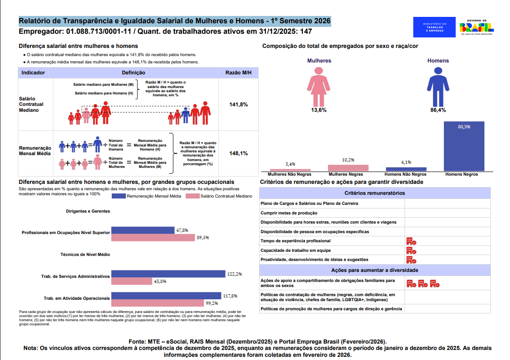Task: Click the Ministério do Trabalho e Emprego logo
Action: pyautogui.click(x=434, y=27)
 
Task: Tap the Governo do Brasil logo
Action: pyautogui.click(x=477, y=27)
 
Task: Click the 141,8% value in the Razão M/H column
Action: pyautogui.click(x=239, y=104)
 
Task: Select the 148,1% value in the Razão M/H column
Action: pyautogui.click(x=239, y=153)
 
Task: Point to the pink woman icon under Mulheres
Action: pyautogui.click(x=319, y=87)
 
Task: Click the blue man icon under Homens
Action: pyautogui.click(x=438, y=87)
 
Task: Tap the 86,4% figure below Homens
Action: pyautogui.click(x=438, y=110)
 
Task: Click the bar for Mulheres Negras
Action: pyautogui.click(x=348, y=168)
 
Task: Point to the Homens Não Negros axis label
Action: pyautogui.click(x=406, y=174)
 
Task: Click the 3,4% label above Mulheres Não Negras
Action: pyautogui.click(x=290, y=164)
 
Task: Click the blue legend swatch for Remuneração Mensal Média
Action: pyautogui.click(x=119, y=196)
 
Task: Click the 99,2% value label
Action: pyautogui.click(x=212, y=303)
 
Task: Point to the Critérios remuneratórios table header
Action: pyautogui.click(x=375, y=193)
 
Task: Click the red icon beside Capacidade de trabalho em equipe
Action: pyautogui.click(x=411, y=250)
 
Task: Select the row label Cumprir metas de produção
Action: pyautogui.click(x=289, y=213)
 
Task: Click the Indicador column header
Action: pyautogui.click(x=33, y=73)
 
